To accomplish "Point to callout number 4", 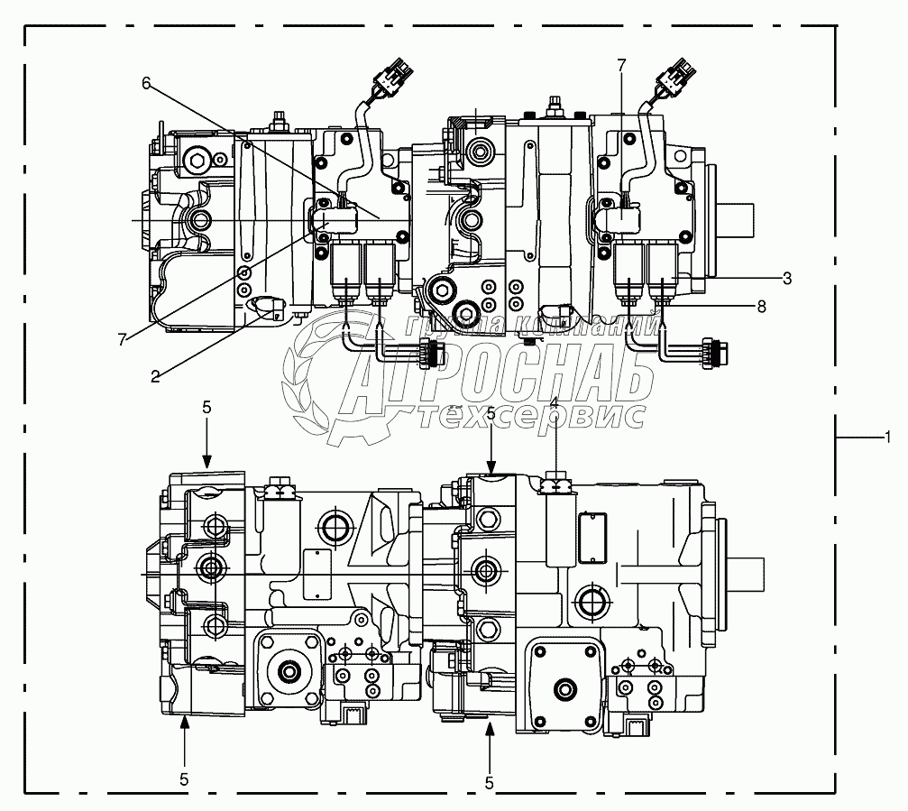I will tap(554, 401).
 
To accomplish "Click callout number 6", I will tap(146, 83).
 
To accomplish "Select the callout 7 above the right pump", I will tap(620, 65).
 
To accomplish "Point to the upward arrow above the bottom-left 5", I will tap(184, 730).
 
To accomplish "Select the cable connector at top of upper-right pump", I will tap(677, 77).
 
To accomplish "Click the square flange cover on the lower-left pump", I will tap(289, 668).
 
